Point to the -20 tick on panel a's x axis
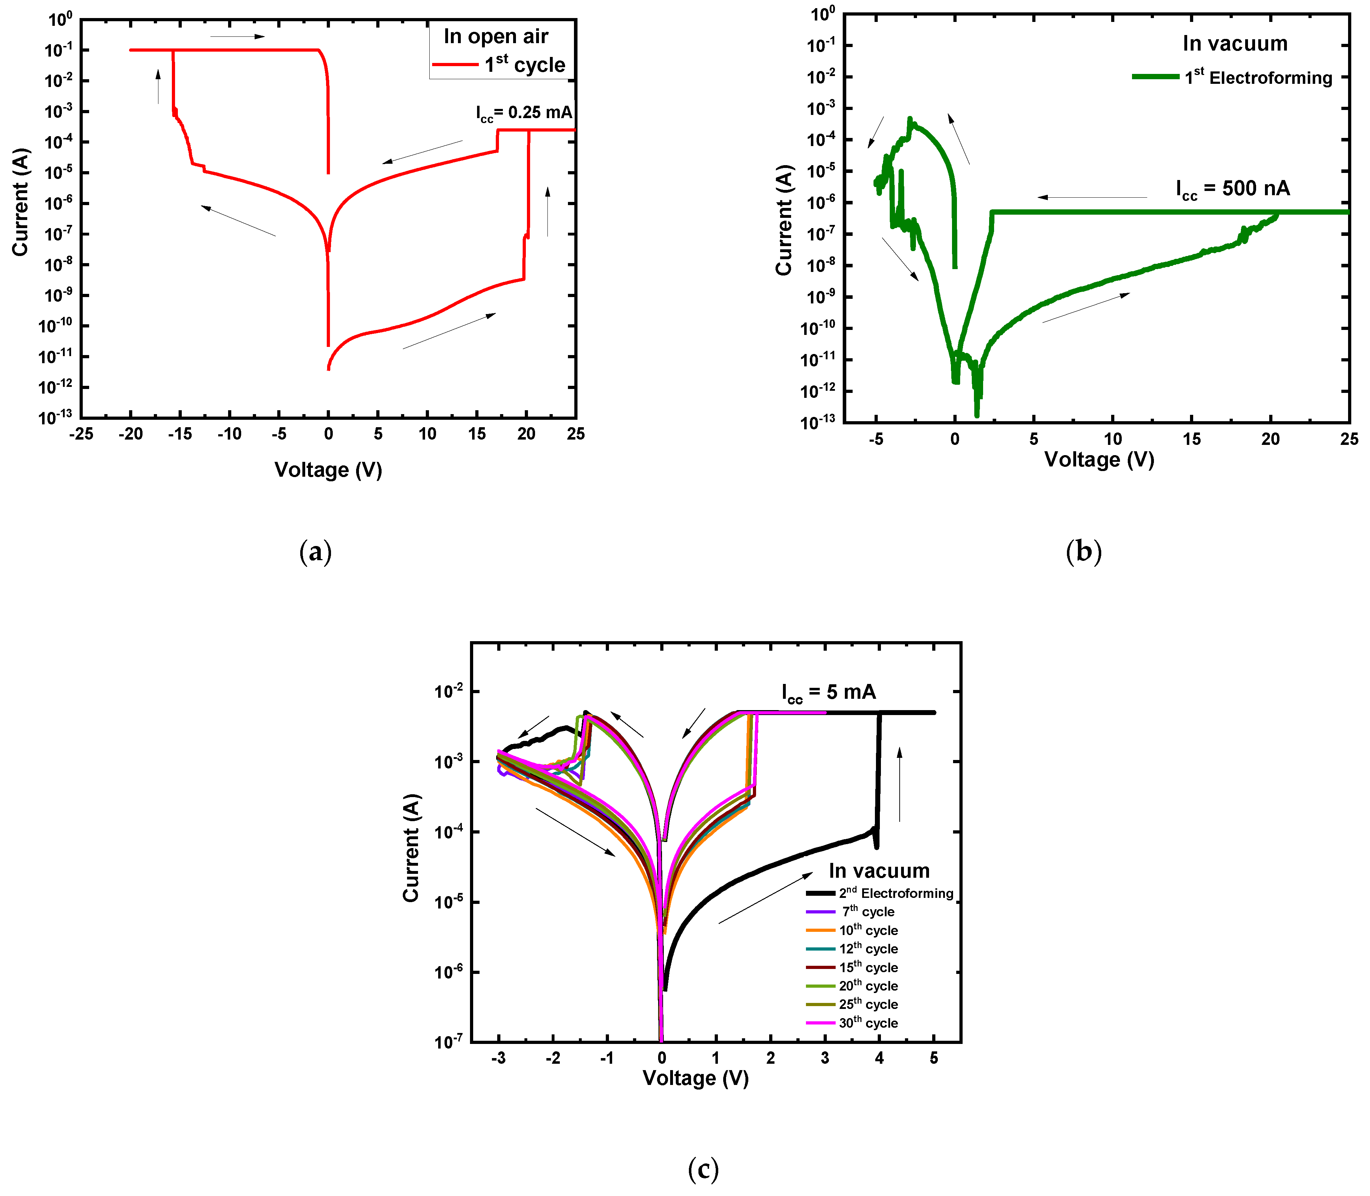click(131, 435)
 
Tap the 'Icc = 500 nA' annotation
click(1232, 189)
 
